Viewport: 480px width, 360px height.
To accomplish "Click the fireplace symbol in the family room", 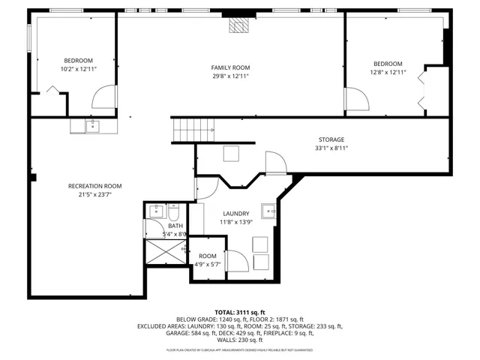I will pos(238,26).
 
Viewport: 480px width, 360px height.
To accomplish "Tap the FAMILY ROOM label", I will pos(230,67).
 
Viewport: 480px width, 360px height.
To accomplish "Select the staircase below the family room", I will pos(193,130).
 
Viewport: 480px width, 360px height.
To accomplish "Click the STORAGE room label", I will pos(331,139).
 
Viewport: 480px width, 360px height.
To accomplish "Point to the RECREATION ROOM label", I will pos(94,186).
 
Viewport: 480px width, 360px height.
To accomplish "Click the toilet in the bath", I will pos(173,211).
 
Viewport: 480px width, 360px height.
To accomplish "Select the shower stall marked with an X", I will pos(164,253).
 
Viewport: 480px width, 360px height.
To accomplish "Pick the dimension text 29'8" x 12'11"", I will pos(230,76).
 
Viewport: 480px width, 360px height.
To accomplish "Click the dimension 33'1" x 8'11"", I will pos(331,148).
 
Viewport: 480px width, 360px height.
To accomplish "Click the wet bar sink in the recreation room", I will pos(92,126).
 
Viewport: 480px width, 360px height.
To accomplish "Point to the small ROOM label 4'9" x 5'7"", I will pos(208,256).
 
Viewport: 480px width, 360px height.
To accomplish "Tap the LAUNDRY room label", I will pos(235,214).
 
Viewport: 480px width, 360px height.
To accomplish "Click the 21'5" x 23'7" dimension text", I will pos(94,195).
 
